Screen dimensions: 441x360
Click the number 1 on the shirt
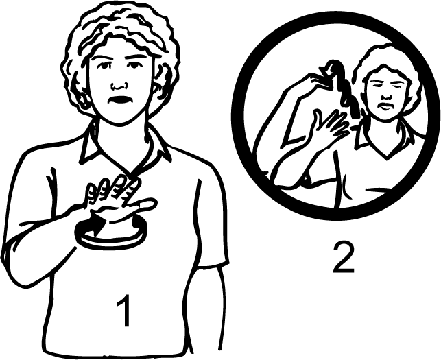click(x=124, y=311)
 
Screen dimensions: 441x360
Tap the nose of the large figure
click(x=119, y=85)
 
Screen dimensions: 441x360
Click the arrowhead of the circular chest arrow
click(x=97, y=225)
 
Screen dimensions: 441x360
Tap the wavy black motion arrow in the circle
click(x=342, y=87)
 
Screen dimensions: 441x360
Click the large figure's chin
click(x=121, y=118)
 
